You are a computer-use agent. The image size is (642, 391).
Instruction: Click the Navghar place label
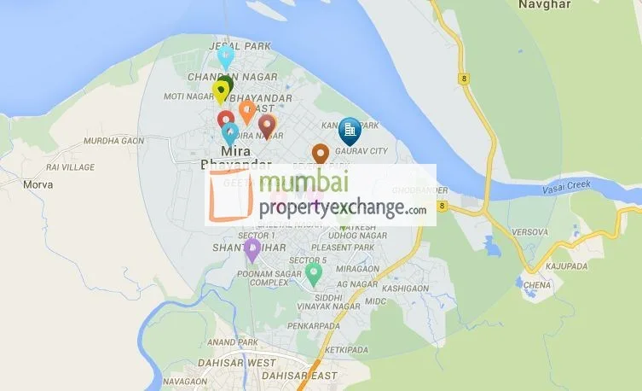point(539,5)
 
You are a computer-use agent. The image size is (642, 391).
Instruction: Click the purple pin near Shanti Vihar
point(252,249)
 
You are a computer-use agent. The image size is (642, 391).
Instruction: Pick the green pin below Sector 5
point(314,275)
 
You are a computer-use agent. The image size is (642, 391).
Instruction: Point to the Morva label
point(38,184)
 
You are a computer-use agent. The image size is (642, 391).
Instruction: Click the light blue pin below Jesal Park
point(225,57)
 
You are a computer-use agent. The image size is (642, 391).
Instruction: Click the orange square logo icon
point(231,196)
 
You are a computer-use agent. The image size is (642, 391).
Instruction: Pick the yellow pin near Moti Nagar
point(221,91)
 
